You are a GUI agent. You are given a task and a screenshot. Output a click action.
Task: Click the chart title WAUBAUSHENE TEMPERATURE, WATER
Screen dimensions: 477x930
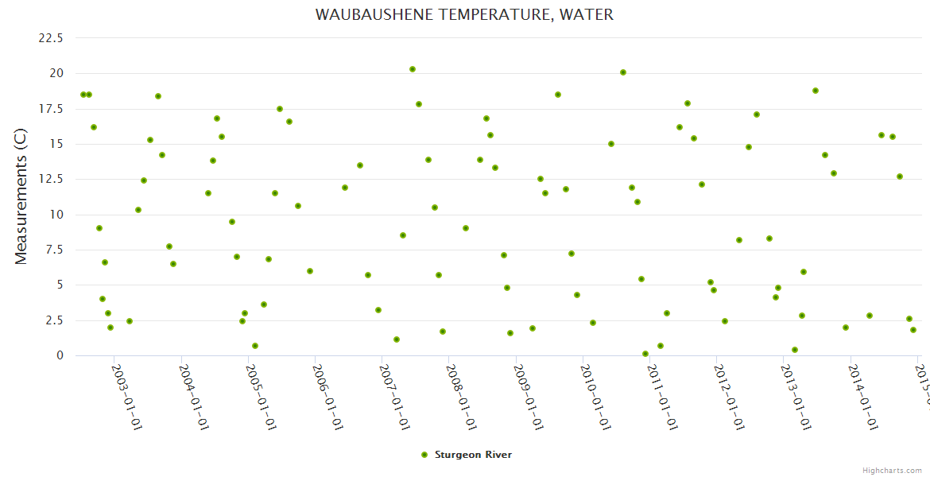point(464,15)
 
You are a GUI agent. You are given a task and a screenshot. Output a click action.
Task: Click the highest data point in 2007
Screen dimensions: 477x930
point(413,69)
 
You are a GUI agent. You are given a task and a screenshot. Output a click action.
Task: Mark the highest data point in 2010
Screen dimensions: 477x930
point(623,72)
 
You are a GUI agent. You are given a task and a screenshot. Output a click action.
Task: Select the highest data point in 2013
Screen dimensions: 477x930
point(816,91)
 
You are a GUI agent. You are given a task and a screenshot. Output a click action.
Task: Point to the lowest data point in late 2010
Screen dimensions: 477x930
point(645,354)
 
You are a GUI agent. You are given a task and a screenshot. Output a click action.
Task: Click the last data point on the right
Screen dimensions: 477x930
point(913,330)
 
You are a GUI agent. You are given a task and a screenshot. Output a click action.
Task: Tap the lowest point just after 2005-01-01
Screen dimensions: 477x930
point(255,346)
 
